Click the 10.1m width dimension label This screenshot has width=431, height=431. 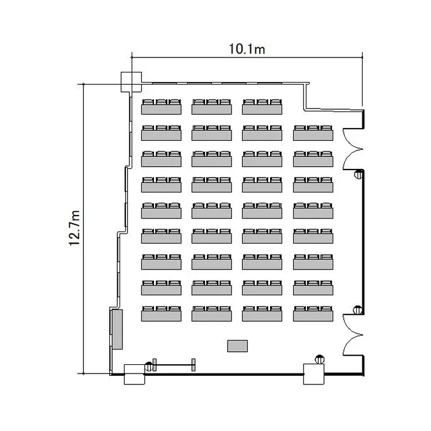coord(247,49)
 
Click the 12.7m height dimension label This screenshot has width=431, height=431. coord(74,228)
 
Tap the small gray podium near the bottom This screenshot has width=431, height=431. coord(237,346)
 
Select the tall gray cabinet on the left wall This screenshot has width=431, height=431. coord(117,329)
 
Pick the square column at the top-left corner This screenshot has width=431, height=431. coord(132,82)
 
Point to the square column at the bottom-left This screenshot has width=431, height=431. coord(134,374)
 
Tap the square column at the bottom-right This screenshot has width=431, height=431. coord(314,374)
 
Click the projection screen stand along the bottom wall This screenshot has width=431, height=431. coord(174,365)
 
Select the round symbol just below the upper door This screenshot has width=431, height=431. coord(359,174)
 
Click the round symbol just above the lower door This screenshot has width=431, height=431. coord(357,310)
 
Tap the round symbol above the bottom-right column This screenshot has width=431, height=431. coord(320,359)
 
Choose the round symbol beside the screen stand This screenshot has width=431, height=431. coord(149,366)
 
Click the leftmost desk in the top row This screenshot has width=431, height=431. coord(161,107)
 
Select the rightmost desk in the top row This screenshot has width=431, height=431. coord(262,107)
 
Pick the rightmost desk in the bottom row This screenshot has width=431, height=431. coord(313,314)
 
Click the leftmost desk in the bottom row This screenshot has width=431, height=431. coord(161,314)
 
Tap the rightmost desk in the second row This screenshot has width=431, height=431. coord(313,133)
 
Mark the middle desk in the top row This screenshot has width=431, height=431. coord(211,107)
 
